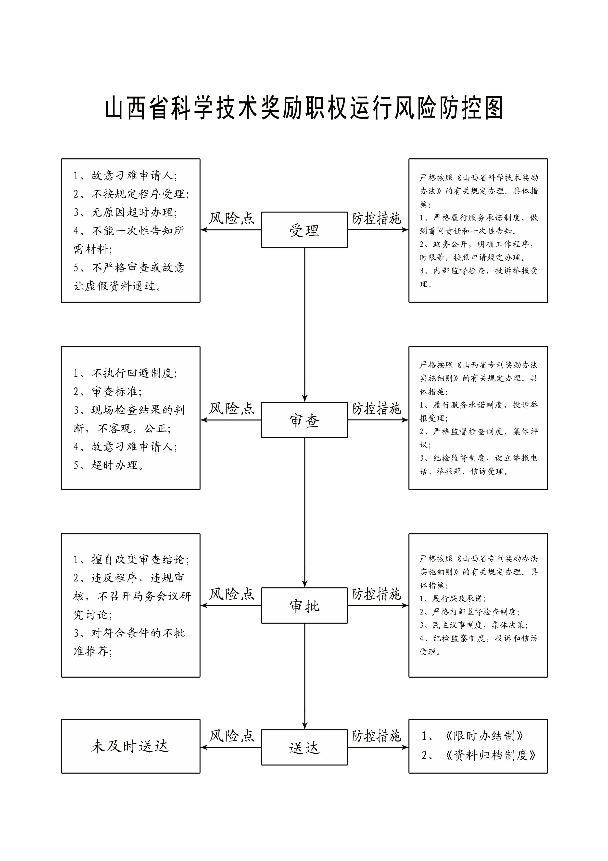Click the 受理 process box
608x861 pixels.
304,229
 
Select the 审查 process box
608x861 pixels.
304,420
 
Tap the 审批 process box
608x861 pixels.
304,605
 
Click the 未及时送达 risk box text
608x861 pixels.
130,746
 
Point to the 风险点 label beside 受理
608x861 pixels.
231,218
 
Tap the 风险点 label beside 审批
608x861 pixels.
231,594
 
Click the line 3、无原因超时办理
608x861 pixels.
126,212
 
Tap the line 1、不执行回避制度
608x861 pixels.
126,373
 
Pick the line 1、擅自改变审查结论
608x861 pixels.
131,560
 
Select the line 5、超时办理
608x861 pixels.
109,465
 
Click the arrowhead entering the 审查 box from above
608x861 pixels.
304,399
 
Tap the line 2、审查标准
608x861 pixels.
108,391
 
